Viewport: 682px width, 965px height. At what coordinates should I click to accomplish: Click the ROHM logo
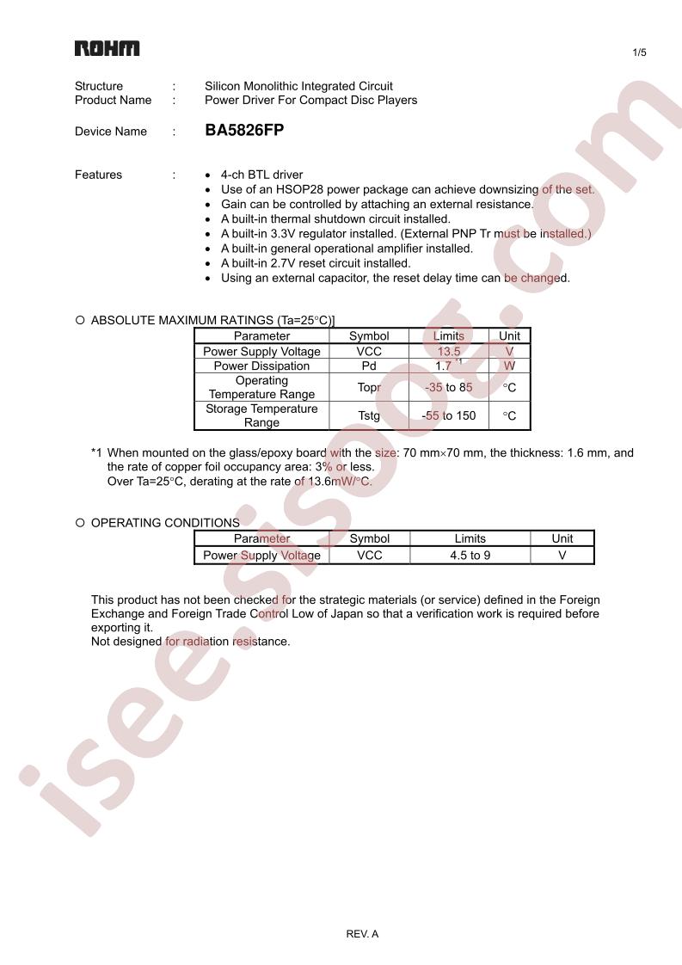tap(107, 48)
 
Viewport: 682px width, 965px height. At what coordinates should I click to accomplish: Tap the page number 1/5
tap(639, 53)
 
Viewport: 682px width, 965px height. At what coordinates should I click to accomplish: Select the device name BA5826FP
tap(244, 131)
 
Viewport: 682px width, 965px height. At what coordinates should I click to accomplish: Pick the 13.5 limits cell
tap(448, 351)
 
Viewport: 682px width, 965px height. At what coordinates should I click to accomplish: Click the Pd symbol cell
tap(369, 366)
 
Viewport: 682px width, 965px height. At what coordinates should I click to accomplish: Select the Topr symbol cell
tap(369, 387)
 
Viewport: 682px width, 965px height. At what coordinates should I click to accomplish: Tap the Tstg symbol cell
tap(369, 415)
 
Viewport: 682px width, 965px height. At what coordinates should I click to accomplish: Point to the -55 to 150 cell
tap(448, 415)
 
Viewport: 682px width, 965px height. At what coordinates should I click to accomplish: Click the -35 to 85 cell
tap(448, 387)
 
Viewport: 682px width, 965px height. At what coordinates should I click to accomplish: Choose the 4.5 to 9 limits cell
tap(470, 556)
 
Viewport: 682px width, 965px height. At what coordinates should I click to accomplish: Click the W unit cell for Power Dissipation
tap(509, 366)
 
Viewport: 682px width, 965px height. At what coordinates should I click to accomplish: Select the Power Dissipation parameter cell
tap(261, 366)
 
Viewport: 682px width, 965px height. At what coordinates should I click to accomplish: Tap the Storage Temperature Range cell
tap(261, 415)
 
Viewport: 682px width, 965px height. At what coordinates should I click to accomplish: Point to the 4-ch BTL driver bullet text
tap(261, 175)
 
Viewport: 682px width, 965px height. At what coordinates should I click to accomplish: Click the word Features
tap(98, 175)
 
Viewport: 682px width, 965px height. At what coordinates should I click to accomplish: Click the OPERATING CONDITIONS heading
tap(165, 522)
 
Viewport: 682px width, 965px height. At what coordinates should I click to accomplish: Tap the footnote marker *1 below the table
tap(96, 452)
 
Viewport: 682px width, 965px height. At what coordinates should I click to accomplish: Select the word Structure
tap(99, 86)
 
